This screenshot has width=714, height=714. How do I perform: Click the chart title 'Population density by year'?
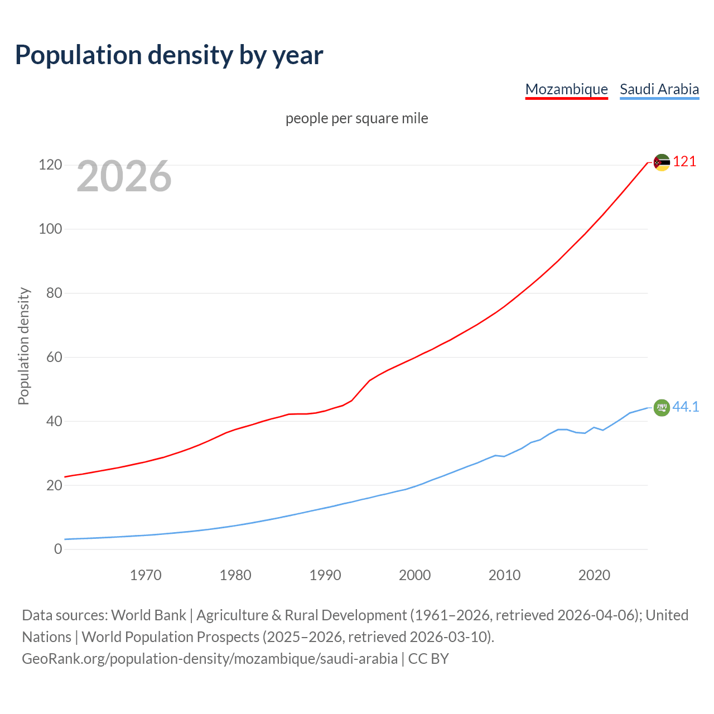pyautogui.click(x=169, y=55)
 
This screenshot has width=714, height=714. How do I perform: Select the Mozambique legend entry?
pyautogui.click(x=566, y=89)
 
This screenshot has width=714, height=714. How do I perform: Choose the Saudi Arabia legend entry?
pyautogui.click(x=659, y=89)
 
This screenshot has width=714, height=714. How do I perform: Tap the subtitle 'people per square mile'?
pyautogui.click(x=356, y=119)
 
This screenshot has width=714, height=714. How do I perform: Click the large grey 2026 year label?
pyautogui.click(x=124, y=176)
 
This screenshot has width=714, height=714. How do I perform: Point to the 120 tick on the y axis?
pyautogui.click(x=50, y=165)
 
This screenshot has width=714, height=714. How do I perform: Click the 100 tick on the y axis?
pyautogui.click(x=50, y=229)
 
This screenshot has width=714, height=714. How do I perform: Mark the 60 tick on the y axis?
pyautogui.click(x=54, y=357)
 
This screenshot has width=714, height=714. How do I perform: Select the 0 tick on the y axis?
pyautogui.click(x=58, y=549)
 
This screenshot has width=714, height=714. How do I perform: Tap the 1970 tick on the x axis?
pyautogui.click(x=146, y=575)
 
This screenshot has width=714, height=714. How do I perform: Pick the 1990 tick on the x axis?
pyautogui.click(x=325, y=575)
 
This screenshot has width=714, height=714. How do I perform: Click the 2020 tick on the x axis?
pyautogui.click(x=594, y=575)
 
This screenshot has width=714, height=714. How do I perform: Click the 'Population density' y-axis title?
pyautogui.click(x=23, y=346)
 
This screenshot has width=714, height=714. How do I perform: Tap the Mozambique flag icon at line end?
pyautogui.click(x=662, y=162)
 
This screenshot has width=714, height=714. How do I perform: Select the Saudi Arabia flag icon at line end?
pyautogui.click(x=662, y=408)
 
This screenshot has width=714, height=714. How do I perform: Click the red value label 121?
pyautogui.click(x=684, y=162)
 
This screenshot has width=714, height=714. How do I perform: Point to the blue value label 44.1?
pyautogui.click(x=686, y=407)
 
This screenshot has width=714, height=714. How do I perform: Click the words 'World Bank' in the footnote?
pyautogui.click(x=148, y=615)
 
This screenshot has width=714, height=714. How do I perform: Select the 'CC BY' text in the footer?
pyautogui.click(x=428, y=659)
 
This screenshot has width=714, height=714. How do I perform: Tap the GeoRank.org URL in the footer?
pyautogui.click(x=209, y=659)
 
